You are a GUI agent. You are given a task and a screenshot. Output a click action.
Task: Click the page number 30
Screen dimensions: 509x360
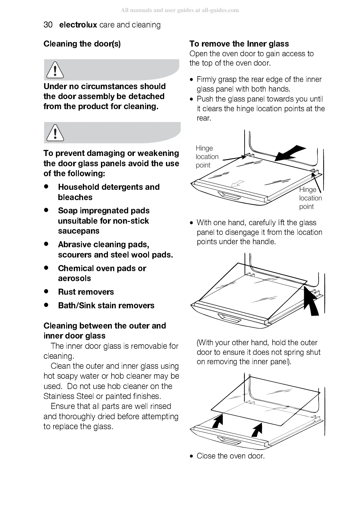(x=48, y=25)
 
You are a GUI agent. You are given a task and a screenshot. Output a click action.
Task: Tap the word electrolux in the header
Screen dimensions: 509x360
(x=78, y=25)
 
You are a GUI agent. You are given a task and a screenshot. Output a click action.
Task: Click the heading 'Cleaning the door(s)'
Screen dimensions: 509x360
(x=82, y=44)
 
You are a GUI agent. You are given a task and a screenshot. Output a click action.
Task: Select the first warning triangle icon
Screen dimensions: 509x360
(x=55, y=70)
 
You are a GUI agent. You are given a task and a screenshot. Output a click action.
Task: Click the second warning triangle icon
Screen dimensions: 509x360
(x=55, y=133)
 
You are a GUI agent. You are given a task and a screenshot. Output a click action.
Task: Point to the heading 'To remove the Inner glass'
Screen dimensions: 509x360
(x=239, y=44)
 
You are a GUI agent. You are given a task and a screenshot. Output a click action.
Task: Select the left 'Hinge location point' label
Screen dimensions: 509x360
(x=207, y=157)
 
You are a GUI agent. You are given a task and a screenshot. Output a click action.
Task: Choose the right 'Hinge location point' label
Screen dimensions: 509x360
(x=310, y=198)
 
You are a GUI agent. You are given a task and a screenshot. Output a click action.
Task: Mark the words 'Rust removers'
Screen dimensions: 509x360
(x=86, y=292)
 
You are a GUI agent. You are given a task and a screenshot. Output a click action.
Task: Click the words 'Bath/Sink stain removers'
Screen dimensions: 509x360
(x=106, y=306)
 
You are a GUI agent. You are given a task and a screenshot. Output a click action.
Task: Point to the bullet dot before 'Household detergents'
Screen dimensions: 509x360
(x=46, y=187)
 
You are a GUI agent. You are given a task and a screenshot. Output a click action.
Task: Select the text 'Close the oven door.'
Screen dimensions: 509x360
(x=230, y=456)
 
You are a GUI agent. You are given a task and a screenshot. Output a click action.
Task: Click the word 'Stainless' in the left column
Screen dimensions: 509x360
(x=58, y=396)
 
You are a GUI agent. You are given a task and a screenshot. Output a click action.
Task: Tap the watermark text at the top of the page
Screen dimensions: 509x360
(x=180, y=10)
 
